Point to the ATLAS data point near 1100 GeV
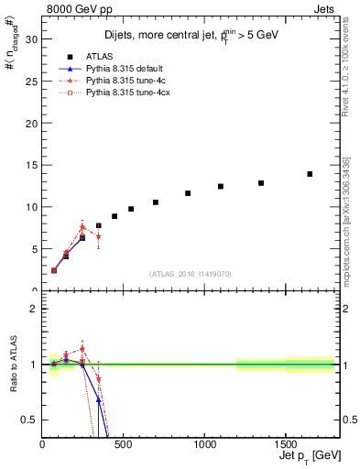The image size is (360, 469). [x=221, y=186]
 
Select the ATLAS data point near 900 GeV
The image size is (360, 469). [x=188, y=193]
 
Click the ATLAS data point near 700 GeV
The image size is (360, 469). [x=156, y=202]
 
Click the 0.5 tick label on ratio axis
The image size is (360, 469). [x=28, y=420]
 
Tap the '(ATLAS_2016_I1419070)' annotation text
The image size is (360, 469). [x=190, y=273]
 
